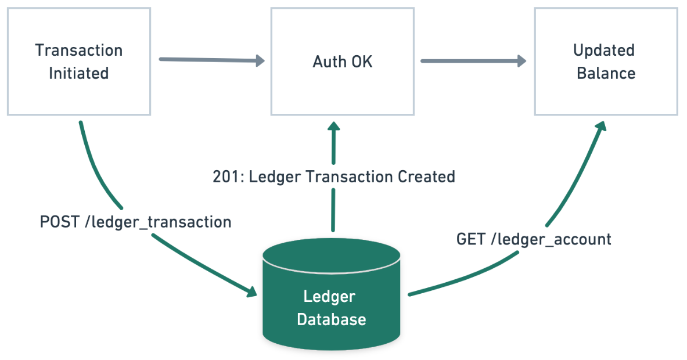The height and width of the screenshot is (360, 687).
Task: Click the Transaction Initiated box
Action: [x=78, y=62]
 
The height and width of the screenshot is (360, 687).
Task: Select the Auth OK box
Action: [x=342, y=62]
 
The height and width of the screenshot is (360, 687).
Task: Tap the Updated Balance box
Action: [x=605, y=62]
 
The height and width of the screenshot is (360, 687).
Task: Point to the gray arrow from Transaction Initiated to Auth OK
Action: [x=211, y=60]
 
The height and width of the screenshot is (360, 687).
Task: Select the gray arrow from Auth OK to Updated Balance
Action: [x=473, y=60]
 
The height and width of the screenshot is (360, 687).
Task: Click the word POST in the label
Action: [x=59, y=222]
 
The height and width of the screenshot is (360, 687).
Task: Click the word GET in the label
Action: [x=471, y=239]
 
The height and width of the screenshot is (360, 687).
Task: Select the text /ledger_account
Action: [x=551, y=239]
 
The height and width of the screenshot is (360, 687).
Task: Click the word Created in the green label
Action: [x=426, y=177]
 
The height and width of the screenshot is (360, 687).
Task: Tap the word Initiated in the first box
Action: [x=78, y=74]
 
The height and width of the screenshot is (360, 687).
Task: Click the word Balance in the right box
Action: [x=606, y=74]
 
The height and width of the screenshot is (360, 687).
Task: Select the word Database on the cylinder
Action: [x=332, y=319]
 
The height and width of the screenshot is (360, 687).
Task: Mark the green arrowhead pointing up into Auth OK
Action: [x=333, y=127]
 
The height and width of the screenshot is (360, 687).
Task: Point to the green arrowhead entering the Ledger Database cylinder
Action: [x=251, y=291]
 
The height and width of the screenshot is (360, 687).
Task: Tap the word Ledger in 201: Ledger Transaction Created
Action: [x=272, y=177]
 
